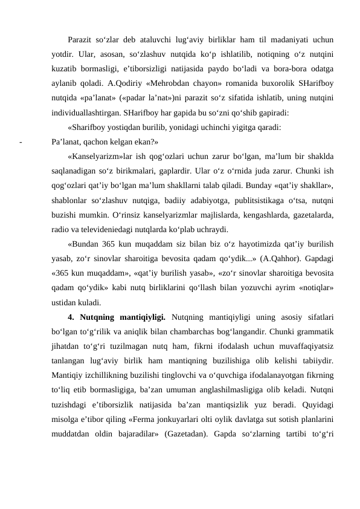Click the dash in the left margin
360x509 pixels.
tap(20, 143)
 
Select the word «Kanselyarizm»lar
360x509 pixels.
tap(101, 157)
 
